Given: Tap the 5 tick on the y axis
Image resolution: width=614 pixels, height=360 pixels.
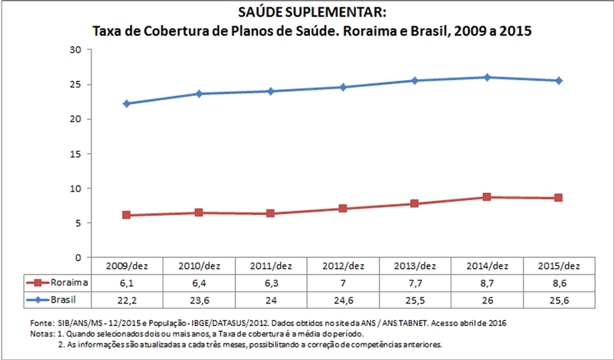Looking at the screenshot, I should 78,223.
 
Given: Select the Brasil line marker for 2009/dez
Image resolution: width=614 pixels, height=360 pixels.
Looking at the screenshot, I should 126,104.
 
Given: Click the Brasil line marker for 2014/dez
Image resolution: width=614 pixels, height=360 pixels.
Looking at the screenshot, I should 487,78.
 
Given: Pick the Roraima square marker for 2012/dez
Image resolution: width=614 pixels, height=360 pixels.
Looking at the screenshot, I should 343,208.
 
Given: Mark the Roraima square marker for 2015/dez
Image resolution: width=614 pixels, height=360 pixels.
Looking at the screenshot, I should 559,198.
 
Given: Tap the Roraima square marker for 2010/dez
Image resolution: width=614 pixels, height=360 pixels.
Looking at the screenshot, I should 199,213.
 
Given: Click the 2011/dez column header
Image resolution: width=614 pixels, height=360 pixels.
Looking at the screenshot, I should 271,266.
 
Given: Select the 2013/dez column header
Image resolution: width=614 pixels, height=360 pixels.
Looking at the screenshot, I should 414,266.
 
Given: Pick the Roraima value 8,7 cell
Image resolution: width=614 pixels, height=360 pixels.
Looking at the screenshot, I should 487,282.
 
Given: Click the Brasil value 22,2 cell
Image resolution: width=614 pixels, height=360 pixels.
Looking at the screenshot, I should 126,299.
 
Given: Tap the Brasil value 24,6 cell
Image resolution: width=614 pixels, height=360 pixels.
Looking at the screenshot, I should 343,299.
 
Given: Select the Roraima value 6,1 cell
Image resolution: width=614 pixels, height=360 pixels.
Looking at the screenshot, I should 126,282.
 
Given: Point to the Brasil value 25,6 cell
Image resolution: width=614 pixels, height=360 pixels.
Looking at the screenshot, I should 559,299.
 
